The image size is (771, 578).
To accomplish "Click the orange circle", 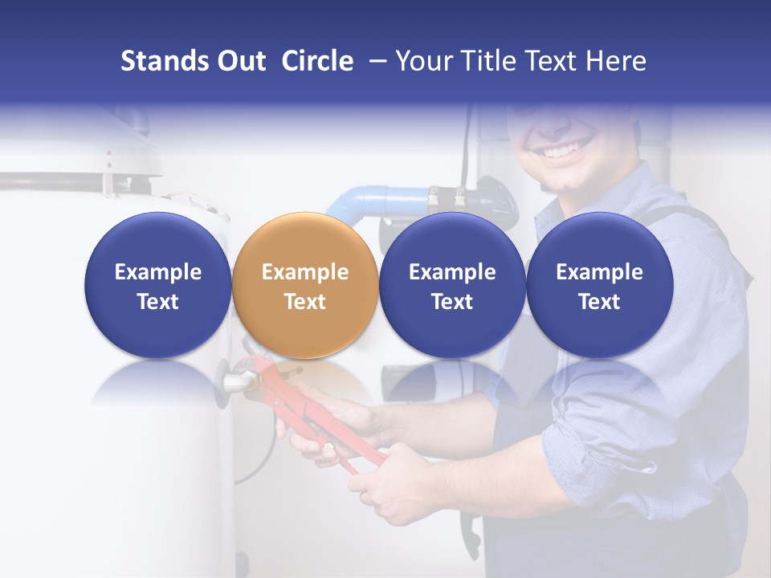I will click(305, 285).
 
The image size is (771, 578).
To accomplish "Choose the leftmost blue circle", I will click(158, 285).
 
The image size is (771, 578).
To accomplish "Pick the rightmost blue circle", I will click(599, 285).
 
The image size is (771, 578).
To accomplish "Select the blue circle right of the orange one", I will click(452, 285).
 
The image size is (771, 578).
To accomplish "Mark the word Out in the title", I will click(239, 61).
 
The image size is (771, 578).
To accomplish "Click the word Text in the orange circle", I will click(305, 302).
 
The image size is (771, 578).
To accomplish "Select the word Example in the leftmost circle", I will click(158, 272).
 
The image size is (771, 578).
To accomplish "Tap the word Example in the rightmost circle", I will click(599, 272).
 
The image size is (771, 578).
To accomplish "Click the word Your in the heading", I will click(424, 61).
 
